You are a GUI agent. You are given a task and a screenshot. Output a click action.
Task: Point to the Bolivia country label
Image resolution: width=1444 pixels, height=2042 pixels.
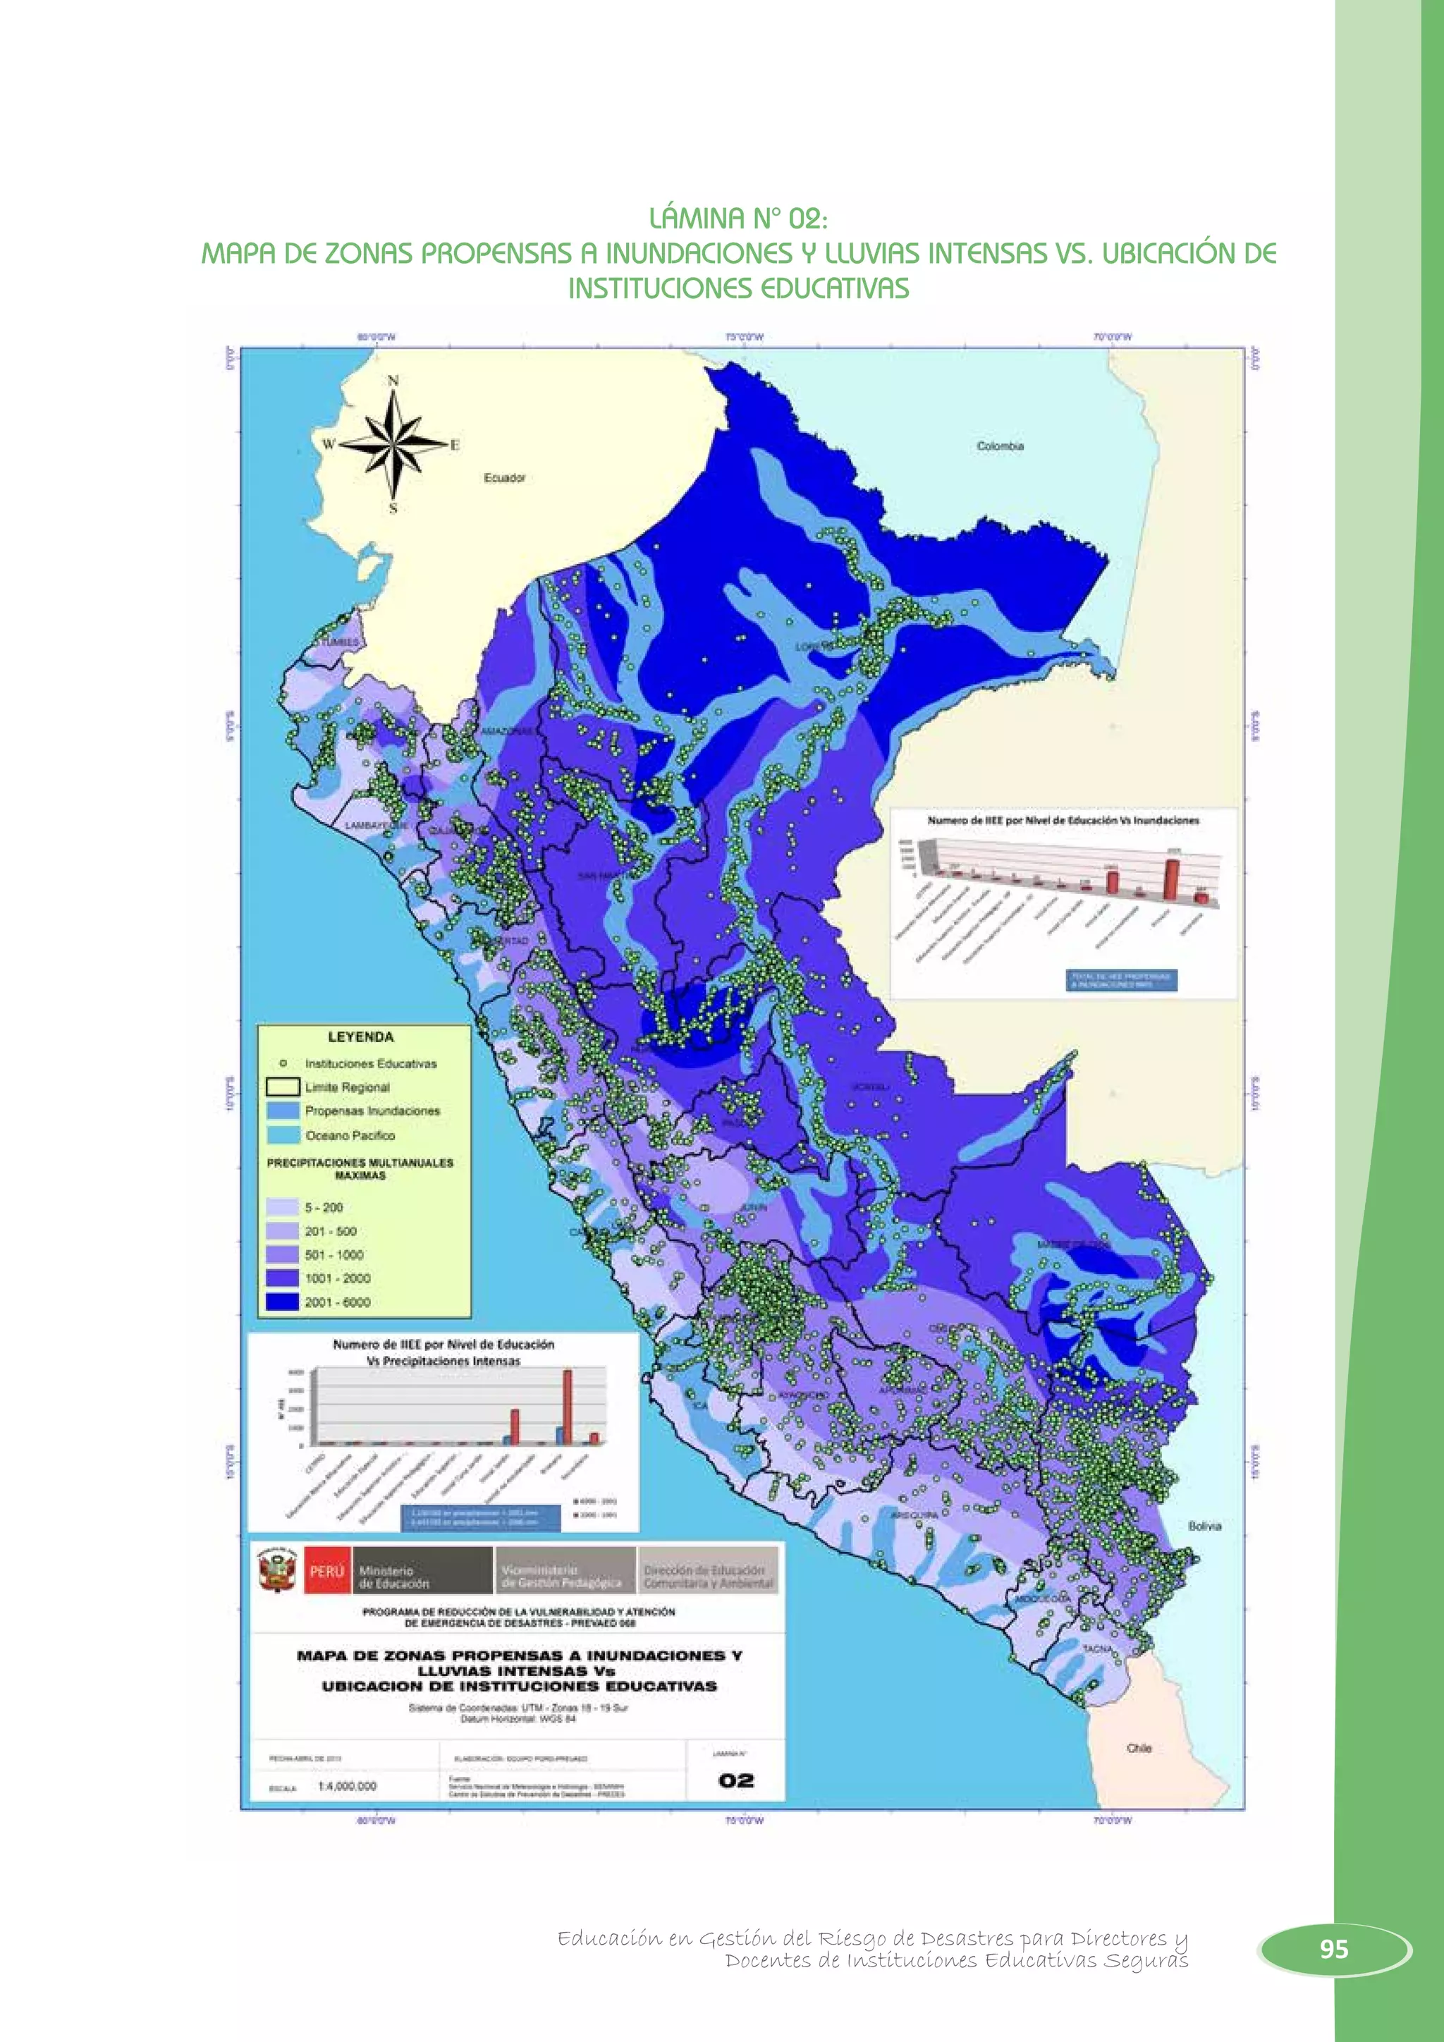pyautogui.click(x=1204, y=1526)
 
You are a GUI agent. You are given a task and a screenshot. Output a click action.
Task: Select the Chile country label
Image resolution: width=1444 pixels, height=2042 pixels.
pyautogui.click(x=1139, y=1748)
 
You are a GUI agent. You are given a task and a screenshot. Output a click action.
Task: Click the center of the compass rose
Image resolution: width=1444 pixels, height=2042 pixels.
pyautogui.click(x=393, y=444)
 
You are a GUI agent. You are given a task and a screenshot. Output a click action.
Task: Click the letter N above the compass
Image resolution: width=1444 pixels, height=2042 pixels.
pyautogui.click(x=393, y=381)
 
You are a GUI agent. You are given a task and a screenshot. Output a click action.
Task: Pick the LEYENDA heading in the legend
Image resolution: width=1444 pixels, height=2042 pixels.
pyautogui.click(x=360, y=1037)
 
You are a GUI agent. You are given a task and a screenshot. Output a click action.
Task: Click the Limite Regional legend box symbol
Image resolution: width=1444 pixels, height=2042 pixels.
pyautogui.click(x=282, y=1087)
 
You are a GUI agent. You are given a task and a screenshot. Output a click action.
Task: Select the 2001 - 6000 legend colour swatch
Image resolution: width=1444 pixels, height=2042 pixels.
pyautogui.click(x=282, y=1302)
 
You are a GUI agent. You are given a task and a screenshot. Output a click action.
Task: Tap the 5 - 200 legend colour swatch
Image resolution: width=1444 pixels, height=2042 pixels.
pyautogui.click(x=282, y=1207)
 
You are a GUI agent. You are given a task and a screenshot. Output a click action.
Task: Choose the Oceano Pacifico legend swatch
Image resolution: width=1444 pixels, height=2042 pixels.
pyautogui.click(x=282, y=1135)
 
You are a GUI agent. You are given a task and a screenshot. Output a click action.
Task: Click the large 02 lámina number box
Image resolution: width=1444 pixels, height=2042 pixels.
pyautogui.click(x=735, y=1780)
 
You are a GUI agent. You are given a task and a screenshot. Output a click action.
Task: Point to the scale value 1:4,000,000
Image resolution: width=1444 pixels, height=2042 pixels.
pyautogui.click(x=347, y=1786)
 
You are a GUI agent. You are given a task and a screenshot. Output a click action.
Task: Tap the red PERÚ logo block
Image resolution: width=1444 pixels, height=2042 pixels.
pyautogui.click(x=326, y=1570)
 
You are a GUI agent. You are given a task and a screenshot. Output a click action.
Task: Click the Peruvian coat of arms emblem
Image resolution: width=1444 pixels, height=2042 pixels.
pyautogui.click(x=276, y=1572)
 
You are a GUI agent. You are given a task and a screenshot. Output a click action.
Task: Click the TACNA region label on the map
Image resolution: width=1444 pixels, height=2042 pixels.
pyautogui.click(x=1096, y=1648)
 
